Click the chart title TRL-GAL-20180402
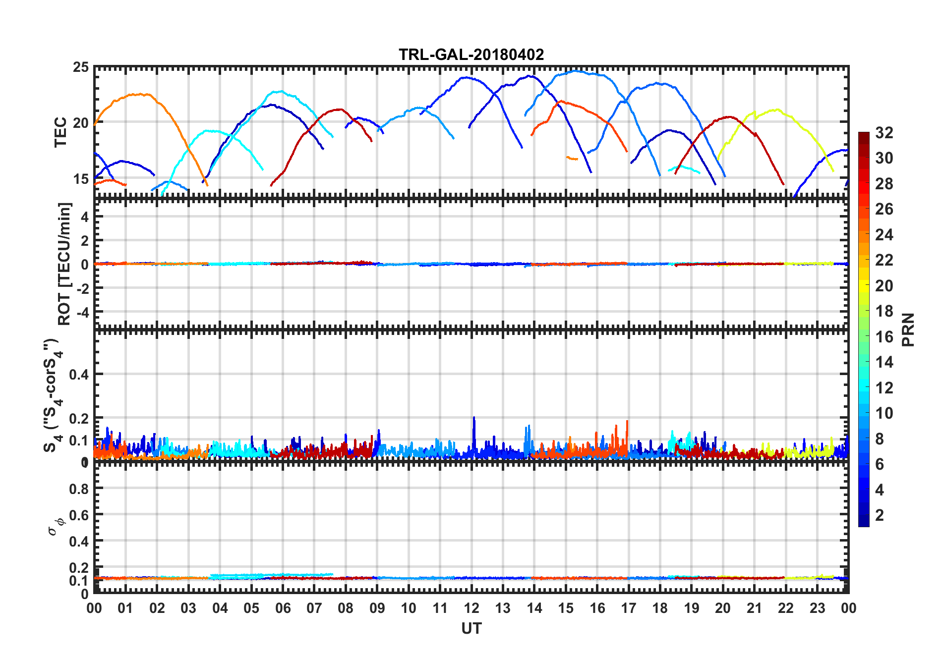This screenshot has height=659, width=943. tap(471, 55)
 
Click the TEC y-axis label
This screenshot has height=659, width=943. tap(60, 132)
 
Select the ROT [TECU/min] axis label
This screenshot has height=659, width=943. tap(64, 264)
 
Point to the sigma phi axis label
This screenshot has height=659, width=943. tap(56, 526)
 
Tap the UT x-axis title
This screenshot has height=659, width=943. tap(471, 629)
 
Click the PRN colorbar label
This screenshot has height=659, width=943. tap(908, 329)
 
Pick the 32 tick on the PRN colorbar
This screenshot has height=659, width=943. tap(884, 133)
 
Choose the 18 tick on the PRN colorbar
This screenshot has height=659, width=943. tap(884, 311)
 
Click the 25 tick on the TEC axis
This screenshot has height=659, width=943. tap(81, 67)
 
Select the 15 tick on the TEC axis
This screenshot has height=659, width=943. tap(81, 179)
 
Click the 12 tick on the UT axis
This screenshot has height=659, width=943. tap(471, 608)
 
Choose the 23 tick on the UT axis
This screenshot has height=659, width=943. tap(817, 608)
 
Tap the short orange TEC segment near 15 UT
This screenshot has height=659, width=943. tap(572, 158)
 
